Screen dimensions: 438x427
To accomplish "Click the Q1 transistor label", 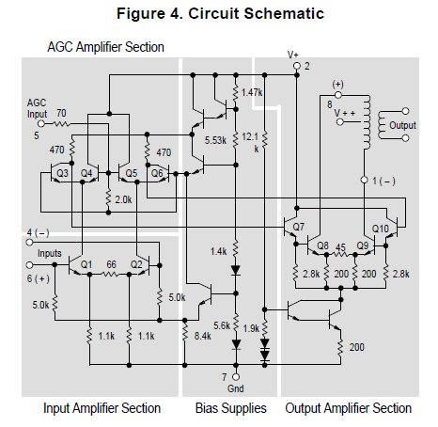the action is point(86,264).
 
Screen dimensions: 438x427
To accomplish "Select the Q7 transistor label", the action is point(299,227).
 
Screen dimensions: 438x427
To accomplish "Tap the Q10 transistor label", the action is point(381,229).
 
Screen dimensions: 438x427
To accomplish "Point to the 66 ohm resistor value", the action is point(111,264).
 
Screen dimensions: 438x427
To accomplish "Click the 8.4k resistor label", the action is point(202,336).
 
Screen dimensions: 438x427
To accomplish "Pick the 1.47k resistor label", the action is point(252,92).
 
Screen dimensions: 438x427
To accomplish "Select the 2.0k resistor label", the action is point(123,199).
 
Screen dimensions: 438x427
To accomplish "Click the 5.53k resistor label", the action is point(215,140).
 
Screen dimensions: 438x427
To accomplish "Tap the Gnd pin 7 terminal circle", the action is point(236,377).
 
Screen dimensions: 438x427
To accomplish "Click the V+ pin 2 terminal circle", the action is point(297,66).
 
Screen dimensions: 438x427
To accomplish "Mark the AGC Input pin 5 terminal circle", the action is point(41,124).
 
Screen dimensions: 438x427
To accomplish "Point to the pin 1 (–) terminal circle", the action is point(364,180).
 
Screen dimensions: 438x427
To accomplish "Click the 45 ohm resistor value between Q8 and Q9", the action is point(340,247).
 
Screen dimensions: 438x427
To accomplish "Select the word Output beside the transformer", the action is point(402,125).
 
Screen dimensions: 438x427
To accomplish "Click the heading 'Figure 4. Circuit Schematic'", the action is point(220,13).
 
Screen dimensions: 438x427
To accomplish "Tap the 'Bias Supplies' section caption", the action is point(231,408).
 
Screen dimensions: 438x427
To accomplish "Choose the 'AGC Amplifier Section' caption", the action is point(105,47).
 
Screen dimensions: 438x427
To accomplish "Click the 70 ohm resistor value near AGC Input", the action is point(61,113).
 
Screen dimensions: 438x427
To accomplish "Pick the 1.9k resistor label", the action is point(251,328).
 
